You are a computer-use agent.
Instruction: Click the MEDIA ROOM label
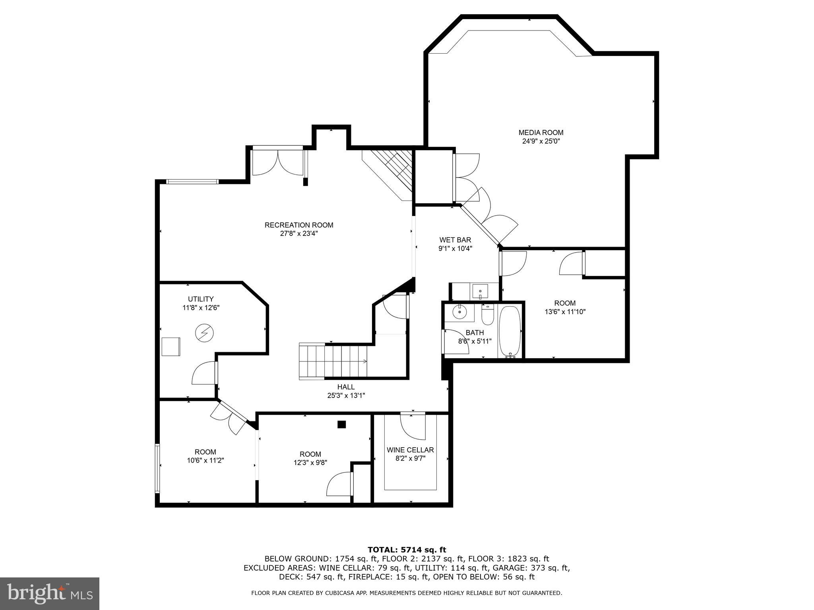(541, 133)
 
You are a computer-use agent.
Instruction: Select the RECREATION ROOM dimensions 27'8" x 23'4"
(299, 234)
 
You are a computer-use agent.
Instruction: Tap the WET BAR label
(455, 240)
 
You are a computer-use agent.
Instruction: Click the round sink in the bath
(460, 312)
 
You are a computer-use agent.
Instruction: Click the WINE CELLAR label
(410, 450)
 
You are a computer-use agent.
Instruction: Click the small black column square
(341, 425)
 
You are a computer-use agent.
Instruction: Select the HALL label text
(346, 387)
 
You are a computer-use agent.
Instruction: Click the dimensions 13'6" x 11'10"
(565, 312)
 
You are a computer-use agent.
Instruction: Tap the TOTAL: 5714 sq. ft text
(407, 550)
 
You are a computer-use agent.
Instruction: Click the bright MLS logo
(49, 593)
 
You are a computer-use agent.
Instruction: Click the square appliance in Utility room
(171, 346)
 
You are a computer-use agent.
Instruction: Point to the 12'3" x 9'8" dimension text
(310, 463)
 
